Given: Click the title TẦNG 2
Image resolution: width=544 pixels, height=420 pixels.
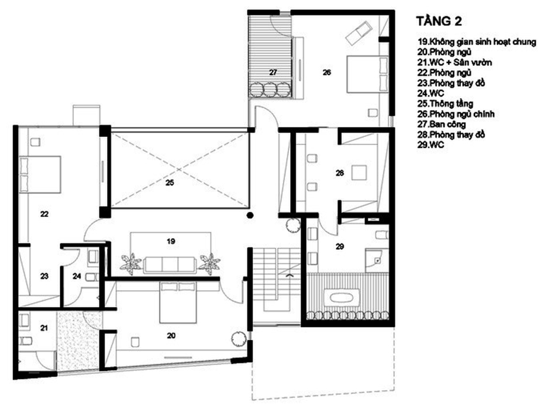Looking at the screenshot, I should tap(439, 22).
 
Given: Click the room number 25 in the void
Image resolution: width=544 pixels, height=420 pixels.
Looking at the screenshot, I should tap(170, 183).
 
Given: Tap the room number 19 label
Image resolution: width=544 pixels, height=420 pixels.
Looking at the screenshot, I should tap(171, 240).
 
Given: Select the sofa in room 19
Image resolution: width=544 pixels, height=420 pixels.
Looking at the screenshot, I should tap(171, 264).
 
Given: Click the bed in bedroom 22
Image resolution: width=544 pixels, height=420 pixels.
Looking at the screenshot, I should tap(40, 174).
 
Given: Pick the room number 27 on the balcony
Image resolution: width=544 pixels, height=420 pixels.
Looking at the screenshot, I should tap(273, 73).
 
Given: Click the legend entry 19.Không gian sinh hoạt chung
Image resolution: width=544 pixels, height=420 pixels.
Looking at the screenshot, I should tap(477, 42).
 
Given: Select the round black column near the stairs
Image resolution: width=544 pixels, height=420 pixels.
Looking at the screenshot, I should tap(250, 216).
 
